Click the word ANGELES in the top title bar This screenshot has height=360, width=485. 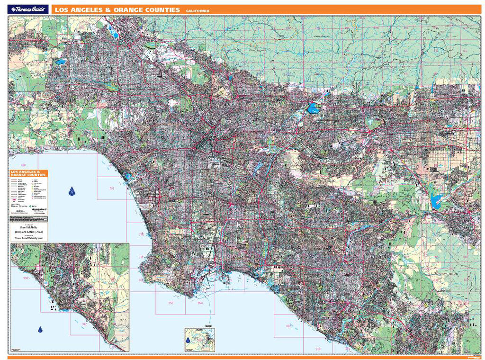click(84, 9)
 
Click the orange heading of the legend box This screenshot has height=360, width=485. click(28, 173)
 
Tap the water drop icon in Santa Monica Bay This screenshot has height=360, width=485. click(72, 191)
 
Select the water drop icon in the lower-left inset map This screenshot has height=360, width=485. click(41, 329)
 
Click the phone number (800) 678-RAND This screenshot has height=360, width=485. click(28, 231)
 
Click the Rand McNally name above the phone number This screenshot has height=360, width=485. click(28, 227)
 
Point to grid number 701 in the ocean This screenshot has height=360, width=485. click(112, 189)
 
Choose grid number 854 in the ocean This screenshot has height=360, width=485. click(200, 302)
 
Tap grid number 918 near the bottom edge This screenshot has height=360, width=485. click(317, 349)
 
